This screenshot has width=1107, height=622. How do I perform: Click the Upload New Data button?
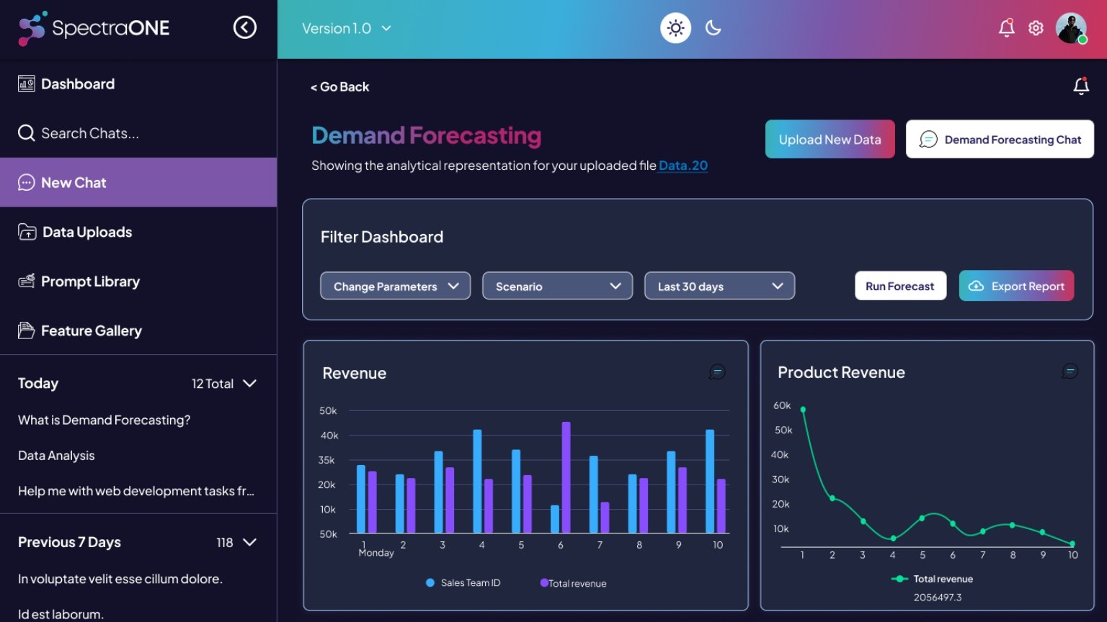tap(830, 140)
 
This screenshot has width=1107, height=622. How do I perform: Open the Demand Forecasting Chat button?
tap(1000, 140)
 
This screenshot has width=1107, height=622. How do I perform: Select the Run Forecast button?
tap(900, 286)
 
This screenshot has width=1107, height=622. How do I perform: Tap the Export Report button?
tap(1016, 286)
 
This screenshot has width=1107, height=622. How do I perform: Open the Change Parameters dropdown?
tap(395, 286)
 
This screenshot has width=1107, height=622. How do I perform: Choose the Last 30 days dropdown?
tap(719, 286)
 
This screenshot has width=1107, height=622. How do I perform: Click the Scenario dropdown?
tap(557, 286)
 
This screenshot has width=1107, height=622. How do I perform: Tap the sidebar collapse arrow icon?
tap(245, 27)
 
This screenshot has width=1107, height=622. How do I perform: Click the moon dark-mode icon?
tap(713, 28)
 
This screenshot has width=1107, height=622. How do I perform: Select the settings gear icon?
tap(1036, 28)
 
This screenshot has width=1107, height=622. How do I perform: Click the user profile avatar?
tap(1071, 28)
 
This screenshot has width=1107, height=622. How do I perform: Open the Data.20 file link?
tap(683, 166)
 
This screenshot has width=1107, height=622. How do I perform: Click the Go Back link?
tap(340, 87)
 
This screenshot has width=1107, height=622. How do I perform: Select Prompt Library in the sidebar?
tap(90, 281)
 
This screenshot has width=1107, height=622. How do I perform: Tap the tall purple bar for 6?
tap(566, 477)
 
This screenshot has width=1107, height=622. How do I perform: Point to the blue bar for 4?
tap(477, 480)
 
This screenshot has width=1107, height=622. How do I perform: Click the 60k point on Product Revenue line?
tap(803, 410)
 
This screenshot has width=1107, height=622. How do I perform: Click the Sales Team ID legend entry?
tap(463, 583)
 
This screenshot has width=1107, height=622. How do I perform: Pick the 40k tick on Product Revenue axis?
tap(780, 455)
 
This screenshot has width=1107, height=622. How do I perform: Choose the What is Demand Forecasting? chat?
tap(105, 420)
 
